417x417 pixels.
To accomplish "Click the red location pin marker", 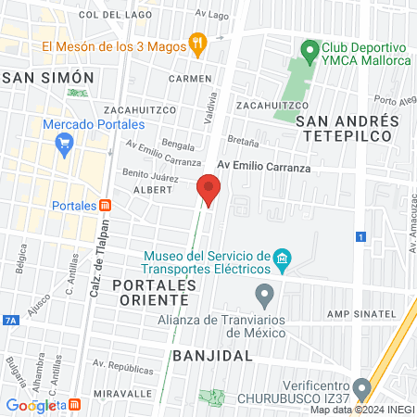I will [208, 191].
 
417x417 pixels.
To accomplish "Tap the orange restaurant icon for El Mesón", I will [196, 42].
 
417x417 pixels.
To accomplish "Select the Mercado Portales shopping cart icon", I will [64, 143].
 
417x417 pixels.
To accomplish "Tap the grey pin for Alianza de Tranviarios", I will [265, 297].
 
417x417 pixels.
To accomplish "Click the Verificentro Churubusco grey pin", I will [362, 387].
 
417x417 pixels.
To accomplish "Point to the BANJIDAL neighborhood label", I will [213, 356].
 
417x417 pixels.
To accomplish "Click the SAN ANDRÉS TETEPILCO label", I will [347, 128].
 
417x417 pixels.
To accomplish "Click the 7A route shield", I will [10, 320].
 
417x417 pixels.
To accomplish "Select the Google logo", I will [32, 405].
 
